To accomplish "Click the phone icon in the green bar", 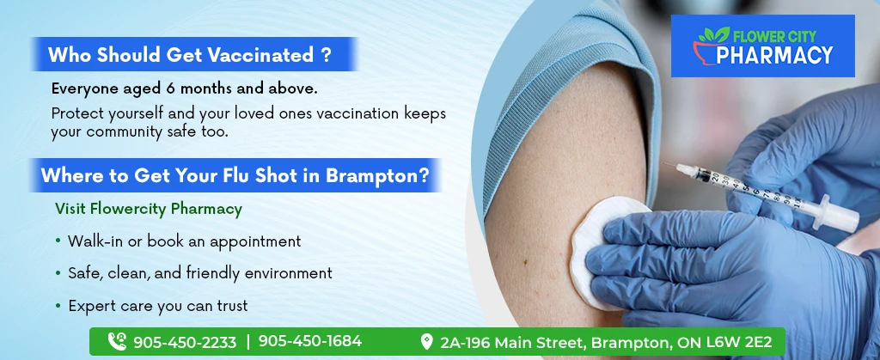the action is pyautogui.click(x=117, y=341).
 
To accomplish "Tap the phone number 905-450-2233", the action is pyautogui.click(x=185, y=342).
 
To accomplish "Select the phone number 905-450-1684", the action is pyautogui.click(x=309, y=341).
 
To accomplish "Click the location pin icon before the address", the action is pyautogui.click(x=427, y=341).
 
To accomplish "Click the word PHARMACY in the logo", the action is pyautogui.click(x=774, y=55).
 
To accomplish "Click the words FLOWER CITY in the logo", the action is pyautogui.click(x=775, y=37).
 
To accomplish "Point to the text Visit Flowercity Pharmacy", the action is pyautogui.click(x=149, y=209).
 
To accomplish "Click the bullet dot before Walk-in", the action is pyautogui.click(x=58, y=241).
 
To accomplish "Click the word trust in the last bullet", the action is pyautogui.click(x=229, y=306).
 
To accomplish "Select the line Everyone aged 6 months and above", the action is pyautogui.click(x=185, y=88).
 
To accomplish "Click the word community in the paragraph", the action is pyautogui.click(x=123, y=133).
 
